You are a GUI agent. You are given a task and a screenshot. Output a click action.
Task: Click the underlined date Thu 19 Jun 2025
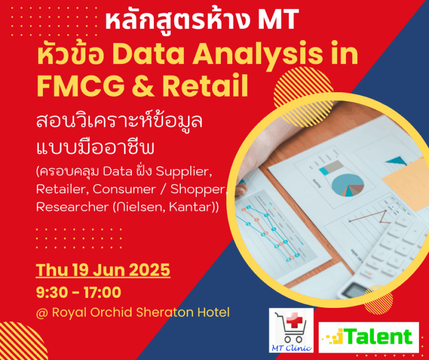(x=103, y=269)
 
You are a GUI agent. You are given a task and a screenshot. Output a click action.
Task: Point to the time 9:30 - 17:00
(x=78, y=292)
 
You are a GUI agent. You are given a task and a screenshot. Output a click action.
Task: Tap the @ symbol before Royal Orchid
(x=42, y=312)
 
